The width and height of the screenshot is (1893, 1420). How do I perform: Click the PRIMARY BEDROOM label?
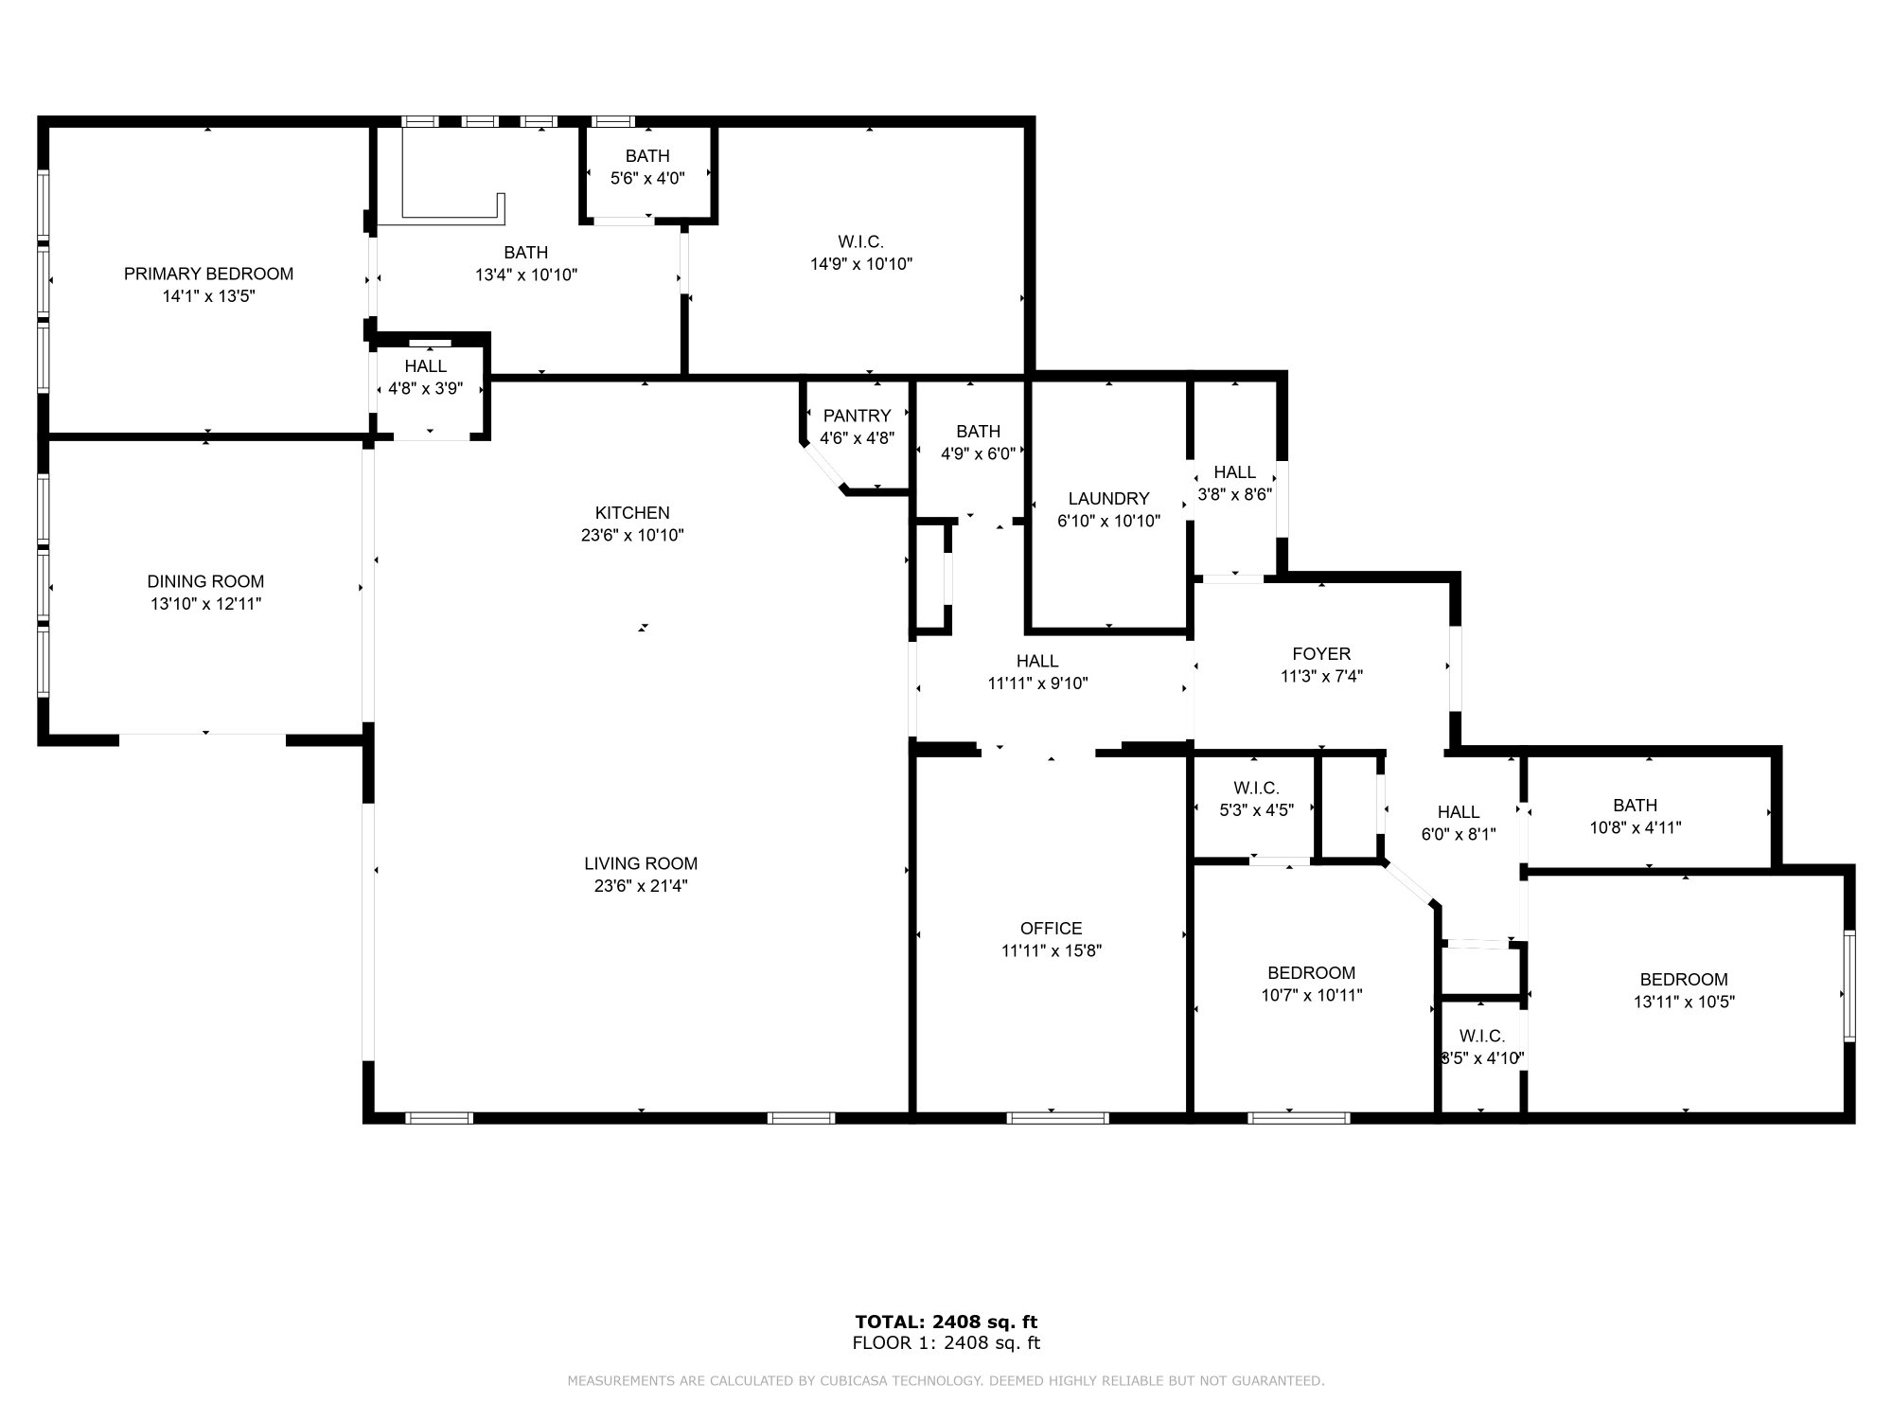point(208,274)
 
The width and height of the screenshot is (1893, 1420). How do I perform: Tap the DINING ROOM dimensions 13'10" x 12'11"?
point(205,604)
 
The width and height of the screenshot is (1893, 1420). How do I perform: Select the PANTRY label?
point(857,416)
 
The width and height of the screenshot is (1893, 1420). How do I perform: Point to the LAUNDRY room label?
point(1108,499)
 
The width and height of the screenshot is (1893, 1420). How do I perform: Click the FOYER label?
point(1321,654)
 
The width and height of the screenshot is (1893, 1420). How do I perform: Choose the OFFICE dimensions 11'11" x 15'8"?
point(1051,951)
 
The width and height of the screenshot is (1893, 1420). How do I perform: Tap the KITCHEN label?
point(632,513)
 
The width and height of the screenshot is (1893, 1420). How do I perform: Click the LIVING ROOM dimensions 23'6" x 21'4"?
point(641,886)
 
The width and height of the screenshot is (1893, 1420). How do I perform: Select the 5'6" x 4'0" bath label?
point(647,167)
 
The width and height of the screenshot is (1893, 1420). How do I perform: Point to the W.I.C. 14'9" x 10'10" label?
point(860,253)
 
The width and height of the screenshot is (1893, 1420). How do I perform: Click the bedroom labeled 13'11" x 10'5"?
point(1683,990)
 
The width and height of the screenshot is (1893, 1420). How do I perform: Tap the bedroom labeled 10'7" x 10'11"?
point(1311,984)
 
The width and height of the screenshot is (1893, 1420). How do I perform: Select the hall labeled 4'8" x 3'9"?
point(425,377)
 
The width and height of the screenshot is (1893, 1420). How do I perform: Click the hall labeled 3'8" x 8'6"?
point(1234,482)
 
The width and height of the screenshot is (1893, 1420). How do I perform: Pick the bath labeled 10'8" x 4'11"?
point(1635,815)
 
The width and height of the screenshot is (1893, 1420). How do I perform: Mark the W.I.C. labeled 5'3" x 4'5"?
point(1256,798)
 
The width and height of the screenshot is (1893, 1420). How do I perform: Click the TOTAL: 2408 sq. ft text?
point(946,1322)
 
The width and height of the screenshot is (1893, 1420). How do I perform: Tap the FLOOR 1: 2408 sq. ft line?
point(946,1342)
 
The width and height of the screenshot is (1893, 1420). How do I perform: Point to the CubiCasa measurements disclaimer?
point(946,1381)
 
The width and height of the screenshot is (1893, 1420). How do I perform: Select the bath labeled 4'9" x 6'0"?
point(978,442)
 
